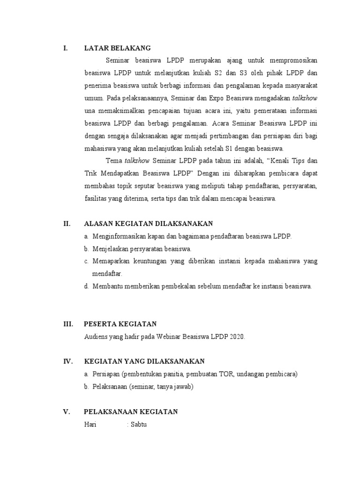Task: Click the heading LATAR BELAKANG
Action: pyautogui.click(x=117, y=48)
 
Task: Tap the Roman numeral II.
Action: pyautogui.click(x=67, y=224)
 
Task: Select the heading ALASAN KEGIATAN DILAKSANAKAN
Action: pyautogui.click(x=148, y=224)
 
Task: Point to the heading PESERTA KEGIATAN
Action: pyautogui.click(x=120, y=324)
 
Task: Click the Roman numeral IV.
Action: pyautogui.click(x=67, y=361)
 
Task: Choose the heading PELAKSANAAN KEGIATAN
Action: pyautogui.click(x=131, y=412)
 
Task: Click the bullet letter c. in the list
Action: pyautogui.click(x=87, y=261)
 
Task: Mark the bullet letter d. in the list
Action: pyautogui.click(x=87, y=286)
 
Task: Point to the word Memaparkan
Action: pyautogui.click(x=112, y=261)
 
